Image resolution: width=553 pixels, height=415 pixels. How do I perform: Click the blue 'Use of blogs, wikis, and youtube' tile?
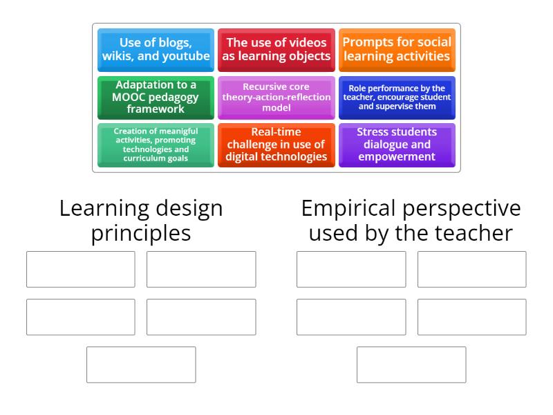click(156, 50)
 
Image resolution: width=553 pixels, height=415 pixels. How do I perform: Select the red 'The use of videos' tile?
click(276, 50)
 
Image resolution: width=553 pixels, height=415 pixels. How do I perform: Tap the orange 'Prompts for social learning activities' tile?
click(397, 50)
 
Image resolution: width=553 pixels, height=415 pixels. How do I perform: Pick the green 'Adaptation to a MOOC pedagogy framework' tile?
click(156, 98)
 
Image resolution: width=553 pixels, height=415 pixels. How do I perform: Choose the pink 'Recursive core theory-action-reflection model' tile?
click(276, 98)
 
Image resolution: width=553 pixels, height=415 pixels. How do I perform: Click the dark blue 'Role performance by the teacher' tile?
click(397, 98)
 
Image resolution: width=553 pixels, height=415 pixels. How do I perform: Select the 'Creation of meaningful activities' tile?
click(156, 145)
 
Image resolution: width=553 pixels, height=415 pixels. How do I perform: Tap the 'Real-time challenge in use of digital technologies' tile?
click(276, 145)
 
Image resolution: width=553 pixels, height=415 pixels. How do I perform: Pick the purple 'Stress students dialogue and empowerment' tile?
click(397, 145)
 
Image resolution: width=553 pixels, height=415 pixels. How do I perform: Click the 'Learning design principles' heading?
click(141, 221)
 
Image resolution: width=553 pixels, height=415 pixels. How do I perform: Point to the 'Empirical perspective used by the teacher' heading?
click(411, 221)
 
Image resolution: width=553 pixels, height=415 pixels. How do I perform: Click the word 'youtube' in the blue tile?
click(186, 57)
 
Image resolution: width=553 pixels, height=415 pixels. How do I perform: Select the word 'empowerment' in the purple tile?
click(397, 157)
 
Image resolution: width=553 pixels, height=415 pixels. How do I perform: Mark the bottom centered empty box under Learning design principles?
click(141, 365)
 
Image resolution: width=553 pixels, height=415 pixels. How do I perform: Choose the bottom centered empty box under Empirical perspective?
click(411, 365)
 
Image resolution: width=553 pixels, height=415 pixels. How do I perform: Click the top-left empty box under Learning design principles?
click(81, 269)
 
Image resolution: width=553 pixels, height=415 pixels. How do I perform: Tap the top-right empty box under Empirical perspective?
click(471, 269)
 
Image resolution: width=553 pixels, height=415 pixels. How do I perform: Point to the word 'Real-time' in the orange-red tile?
click(276, 132)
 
